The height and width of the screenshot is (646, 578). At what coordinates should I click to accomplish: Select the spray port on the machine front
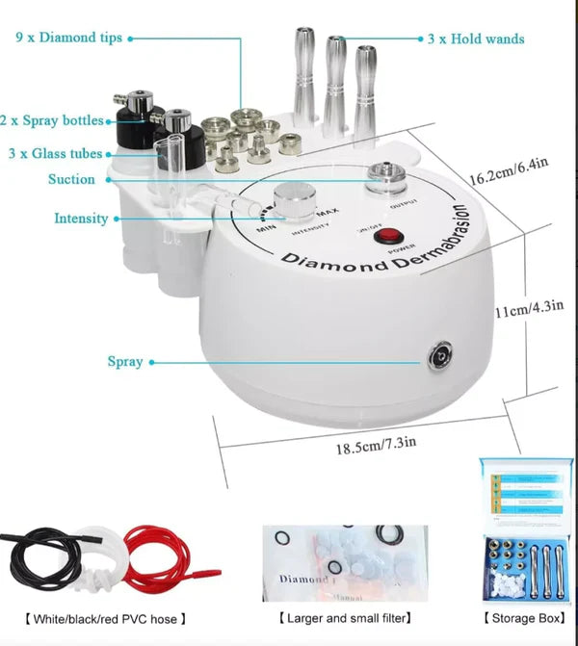pos(439,353)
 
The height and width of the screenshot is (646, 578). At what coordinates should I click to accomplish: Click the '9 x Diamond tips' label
pos(68,39)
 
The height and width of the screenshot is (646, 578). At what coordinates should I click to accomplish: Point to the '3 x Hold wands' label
pos(476,39)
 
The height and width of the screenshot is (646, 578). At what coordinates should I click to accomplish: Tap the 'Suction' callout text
pos(72,179)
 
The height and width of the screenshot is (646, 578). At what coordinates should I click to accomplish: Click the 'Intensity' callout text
pos(81,219)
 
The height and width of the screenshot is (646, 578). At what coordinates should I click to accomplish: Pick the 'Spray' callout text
pos(125,362)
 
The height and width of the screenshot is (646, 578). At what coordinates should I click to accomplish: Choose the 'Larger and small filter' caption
pos(345,618)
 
